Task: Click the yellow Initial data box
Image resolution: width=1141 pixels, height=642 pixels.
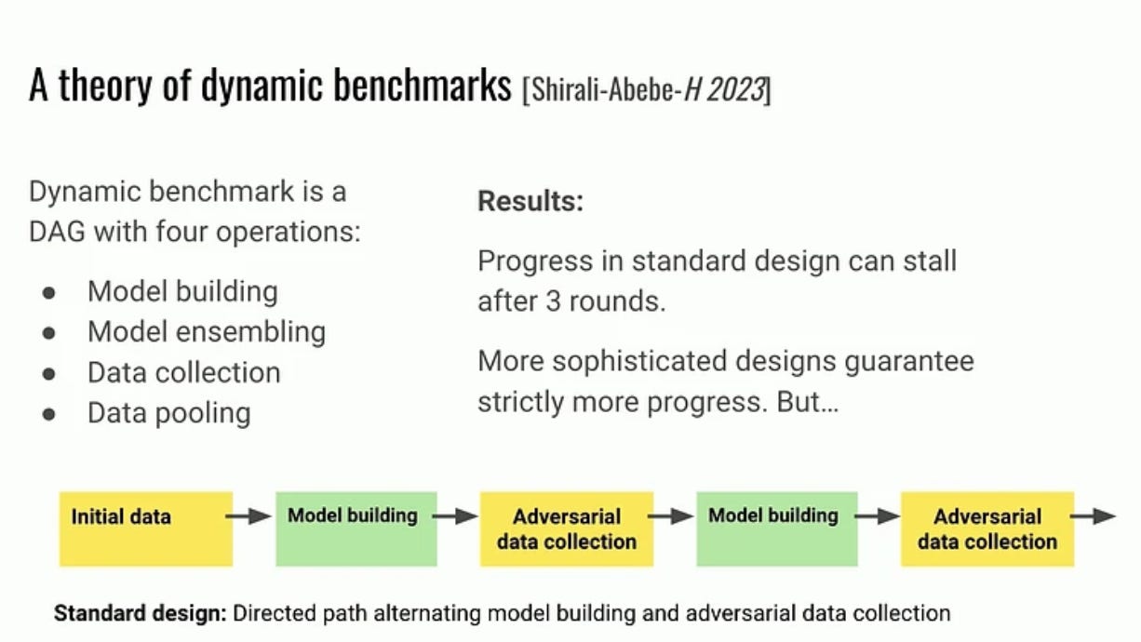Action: tap(146, 528)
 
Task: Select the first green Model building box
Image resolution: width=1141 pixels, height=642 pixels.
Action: tap(356, 528)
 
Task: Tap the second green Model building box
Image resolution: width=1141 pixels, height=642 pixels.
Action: tap(776, 528)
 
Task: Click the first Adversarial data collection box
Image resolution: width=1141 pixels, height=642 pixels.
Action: tap(566, 528)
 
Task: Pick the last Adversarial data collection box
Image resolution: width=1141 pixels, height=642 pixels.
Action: tap(987, 528)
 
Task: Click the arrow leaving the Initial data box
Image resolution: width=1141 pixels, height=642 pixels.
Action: tap(249, 516)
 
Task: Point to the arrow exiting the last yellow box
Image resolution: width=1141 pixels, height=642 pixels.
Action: tap(1094, 516)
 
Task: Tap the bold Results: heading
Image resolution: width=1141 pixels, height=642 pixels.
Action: tap(530, 201)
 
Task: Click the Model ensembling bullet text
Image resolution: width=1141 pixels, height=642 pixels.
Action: tap(207, 332)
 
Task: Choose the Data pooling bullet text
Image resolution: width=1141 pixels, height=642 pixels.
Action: tap(169, 412)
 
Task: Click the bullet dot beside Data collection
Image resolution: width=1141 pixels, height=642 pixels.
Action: tap(48, 373)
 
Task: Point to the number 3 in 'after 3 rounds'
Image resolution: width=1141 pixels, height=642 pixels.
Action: tap(553, 302)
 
